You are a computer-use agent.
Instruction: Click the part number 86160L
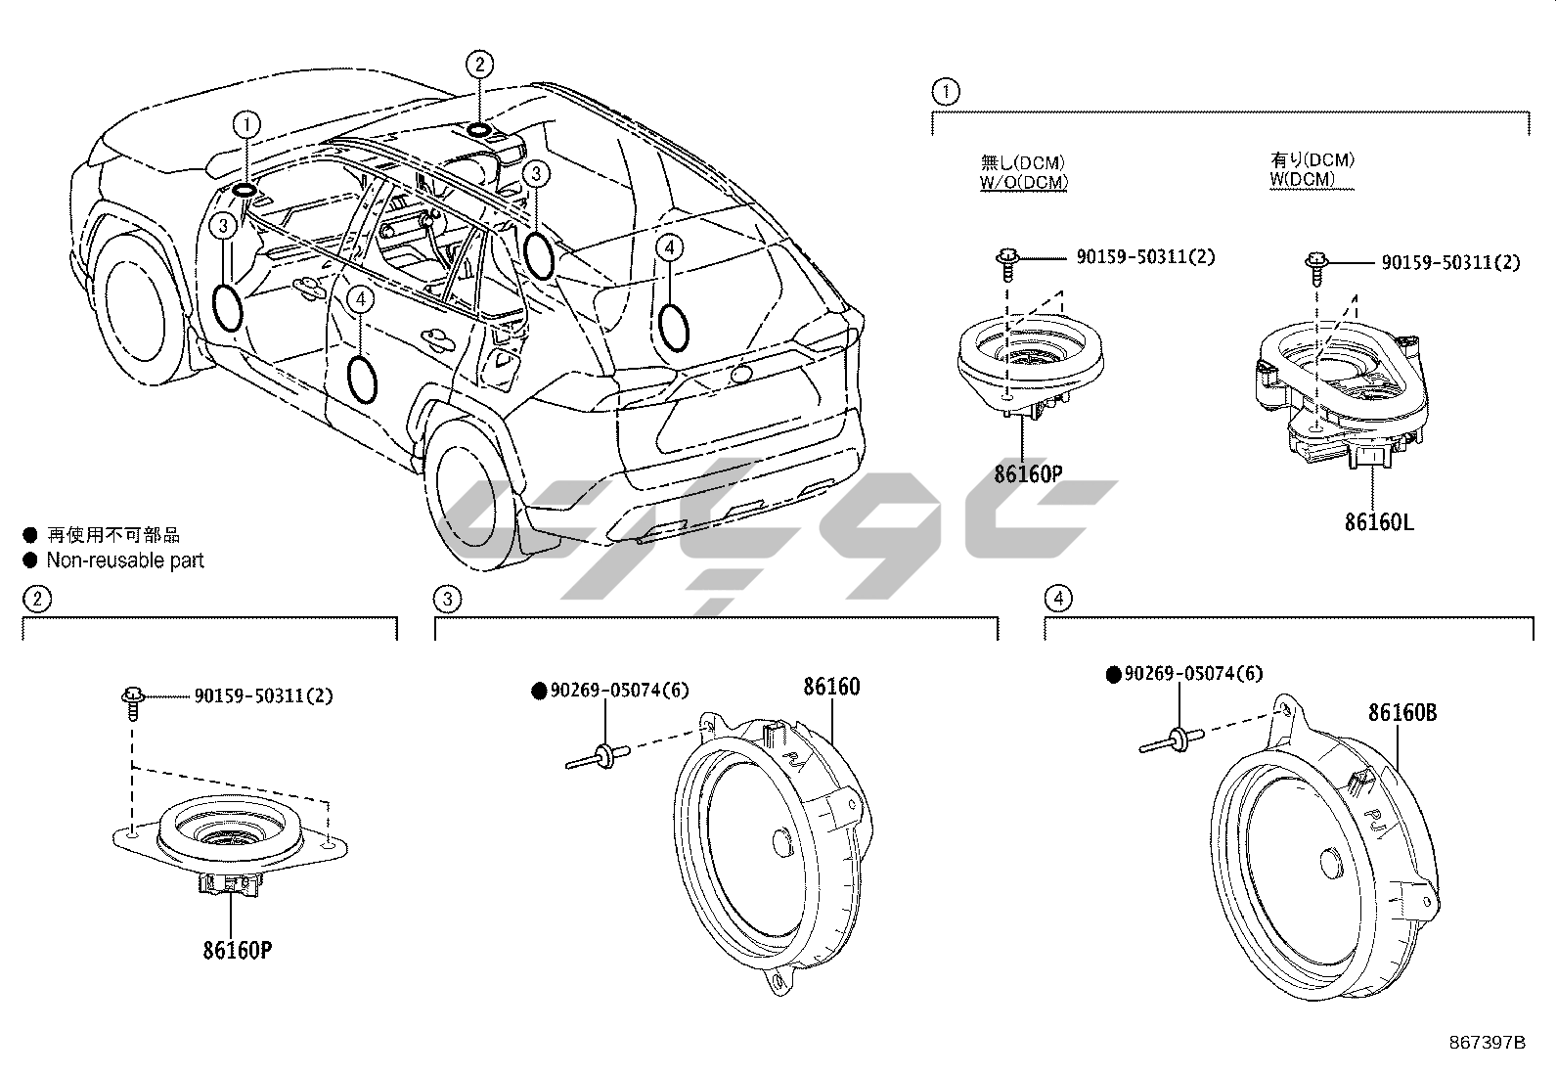click(x=1378, y=522)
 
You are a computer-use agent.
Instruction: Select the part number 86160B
click(x=1401, y=712)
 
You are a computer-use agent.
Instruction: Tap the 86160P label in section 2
click(x=237, y=949)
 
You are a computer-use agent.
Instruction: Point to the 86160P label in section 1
click(x=1027, y=474)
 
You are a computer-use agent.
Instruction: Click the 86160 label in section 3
click(x=831, y=687)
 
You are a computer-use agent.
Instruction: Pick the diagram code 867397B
click(x=1486, y=1041)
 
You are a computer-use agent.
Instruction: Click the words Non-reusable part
click(x=125, y=560)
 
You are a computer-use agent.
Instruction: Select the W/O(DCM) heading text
click(x=1024, y=181)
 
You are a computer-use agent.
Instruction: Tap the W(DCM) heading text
click(x=1302, y=179)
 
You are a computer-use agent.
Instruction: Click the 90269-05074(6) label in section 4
click(x=1193, y=674)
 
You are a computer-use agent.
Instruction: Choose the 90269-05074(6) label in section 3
click(x=619, y=691)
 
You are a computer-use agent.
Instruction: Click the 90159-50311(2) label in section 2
click(x=263, y=696)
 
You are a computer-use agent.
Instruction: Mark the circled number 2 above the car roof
click(x=479, y=66)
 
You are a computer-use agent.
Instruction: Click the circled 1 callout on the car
click(x=246, y=124)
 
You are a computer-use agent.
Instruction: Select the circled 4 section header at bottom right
click(x=1057, y=598)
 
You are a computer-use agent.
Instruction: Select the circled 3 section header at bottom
click(x=447, y=598)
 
